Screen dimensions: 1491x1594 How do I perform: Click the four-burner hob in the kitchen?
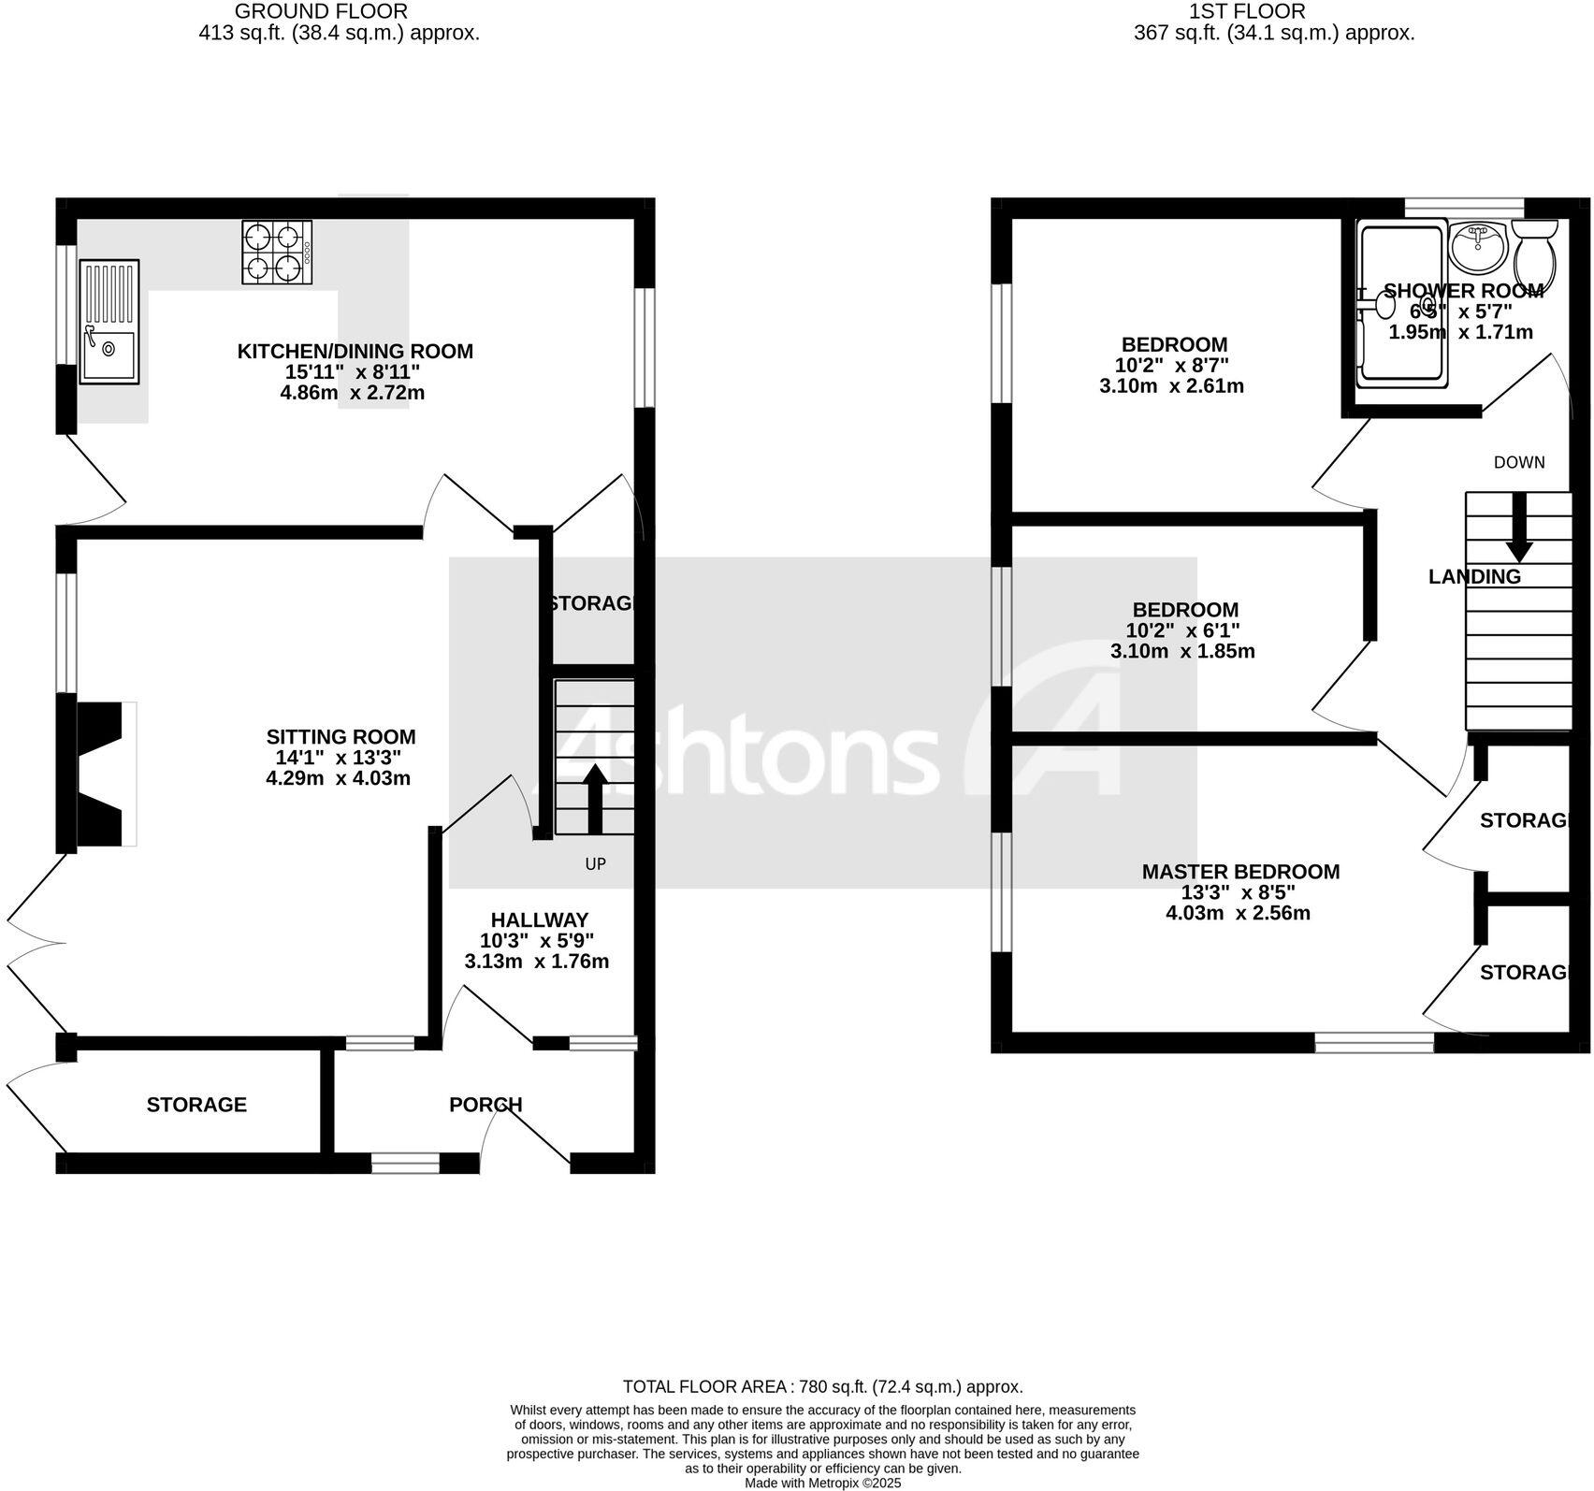(x=277, y=252)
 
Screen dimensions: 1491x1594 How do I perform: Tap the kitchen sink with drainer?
(x=109, y=321)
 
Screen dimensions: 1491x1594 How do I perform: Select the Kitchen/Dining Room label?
(x=355, y=352)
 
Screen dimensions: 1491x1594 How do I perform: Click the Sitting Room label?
(x=341, y=737)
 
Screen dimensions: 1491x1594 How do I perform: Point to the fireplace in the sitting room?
(x=104, y=774)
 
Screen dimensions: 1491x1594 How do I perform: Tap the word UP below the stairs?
(x=596, y=864)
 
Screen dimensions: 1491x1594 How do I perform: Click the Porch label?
(x=485, y=1105)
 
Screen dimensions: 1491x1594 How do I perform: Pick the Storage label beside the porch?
(x=196, y=1105)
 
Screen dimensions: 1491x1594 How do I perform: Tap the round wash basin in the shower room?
(x=1477, y=244)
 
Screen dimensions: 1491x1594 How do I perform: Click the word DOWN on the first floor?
(x=1519, y=462)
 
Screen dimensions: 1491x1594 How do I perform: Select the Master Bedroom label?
(x=1240, y=872)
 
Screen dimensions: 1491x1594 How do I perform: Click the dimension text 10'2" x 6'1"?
(x=1182, y=630)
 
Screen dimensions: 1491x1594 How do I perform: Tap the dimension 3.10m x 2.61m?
(x=1171, y=385)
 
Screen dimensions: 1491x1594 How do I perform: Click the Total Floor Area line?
(x=823, y=1387)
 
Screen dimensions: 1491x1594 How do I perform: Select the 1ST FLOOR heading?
(x=1247, y=12)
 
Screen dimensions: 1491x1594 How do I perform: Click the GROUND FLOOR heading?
(x=321, y=12)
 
